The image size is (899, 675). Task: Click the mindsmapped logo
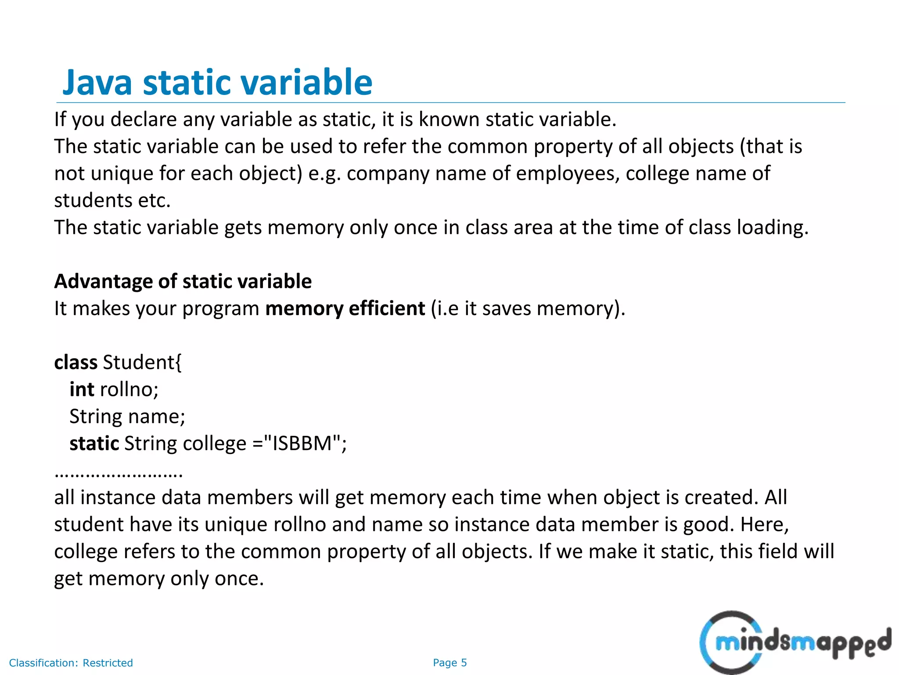tap(795, 642)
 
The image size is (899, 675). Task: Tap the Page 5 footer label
tap(449, 663)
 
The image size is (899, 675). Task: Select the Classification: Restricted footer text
tap(71, 663)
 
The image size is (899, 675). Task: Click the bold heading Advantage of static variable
tap(183, 281)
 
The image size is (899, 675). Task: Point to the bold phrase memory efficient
tap(345, 308)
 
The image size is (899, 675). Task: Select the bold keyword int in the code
tap(82, 389)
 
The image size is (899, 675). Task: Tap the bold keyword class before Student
tap(76, 363)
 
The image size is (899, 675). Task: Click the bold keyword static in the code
tap(94, 443)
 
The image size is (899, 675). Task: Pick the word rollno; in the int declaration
tap(129, 389)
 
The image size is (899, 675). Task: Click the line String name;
tap(127, 416)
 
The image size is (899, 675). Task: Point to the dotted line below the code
tap(119, 475)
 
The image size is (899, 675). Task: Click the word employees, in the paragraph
tap(568, 173)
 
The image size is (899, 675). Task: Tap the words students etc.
tap(112, 200)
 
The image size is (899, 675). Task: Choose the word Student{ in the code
tap(142, 363)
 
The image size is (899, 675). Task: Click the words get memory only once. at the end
tap(159, 579)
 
